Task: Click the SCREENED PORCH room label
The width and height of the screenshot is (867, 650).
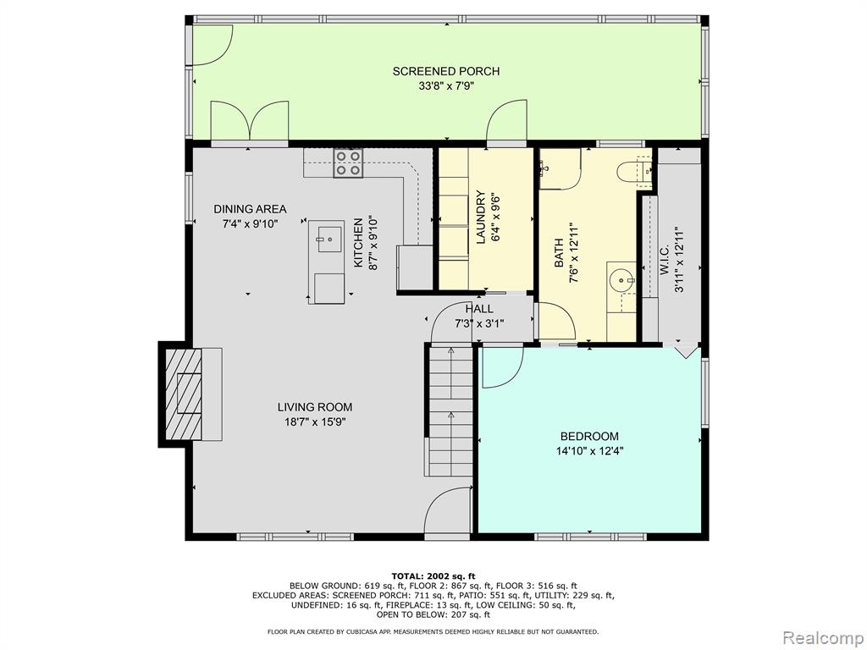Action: click(x=445, y=71)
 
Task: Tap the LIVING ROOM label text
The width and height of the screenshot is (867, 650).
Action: click(x=315, y=407)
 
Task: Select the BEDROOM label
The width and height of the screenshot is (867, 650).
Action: click(x=589, y=436)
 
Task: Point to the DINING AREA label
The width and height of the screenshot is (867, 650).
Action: click(x=250, y=209)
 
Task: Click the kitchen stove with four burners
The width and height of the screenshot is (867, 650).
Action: click(x=348, y=163)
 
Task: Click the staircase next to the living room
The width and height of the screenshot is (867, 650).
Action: click(x=450, y=411)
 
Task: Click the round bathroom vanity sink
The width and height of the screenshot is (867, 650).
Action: click(x=623, y=281)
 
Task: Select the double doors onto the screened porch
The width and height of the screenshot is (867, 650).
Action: click(x=250, y=121)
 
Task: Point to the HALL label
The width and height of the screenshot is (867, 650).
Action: click(x=479, y=309)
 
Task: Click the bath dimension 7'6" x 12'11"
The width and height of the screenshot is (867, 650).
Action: click(x=573, y=253)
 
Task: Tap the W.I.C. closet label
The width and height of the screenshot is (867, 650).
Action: click(x=664, y=260)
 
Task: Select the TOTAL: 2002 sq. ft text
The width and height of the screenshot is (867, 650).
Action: click(x=433, y=576)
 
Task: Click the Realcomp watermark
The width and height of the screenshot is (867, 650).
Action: click(x=822, y=638)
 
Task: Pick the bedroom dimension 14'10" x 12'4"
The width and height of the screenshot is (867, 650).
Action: click(x=589, y=451)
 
